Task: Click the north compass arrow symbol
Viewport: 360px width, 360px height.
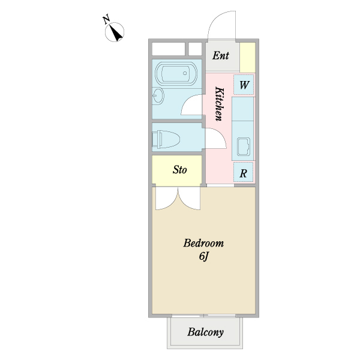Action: (x=115, y=32)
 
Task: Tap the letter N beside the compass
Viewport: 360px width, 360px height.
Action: (x=106, y=20)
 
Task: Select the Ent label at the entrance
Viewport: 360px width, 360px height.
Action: (x=221, y=56)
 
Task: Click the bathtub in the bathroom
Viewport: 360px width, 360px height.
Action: (x=176, y=74)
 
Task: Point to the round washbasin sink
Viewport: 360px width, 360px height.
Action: (x=157, y=96)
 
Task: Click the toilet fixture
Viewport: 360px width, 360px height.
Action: (x=166, y=139)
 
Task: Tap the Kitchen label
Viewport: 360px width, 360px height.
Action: (x=219, y=104)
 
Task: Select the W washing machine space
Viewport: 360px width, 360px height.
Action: (x=244, y=85)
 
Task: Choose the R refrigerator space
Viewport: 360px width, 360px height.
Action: (x=244, y=172)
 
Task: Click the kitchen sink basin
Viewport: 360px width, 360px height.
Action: (x=244, y=146)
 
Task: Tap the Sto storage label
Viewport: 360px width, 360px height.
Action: (x=179, y=170)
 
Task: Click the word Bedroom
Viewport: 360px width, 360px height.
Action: (x=203, y=243)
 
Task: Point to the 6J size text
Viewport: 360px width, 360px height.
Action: (x=204, y=256)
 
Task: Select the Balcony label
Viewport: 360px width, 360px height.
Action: (x=205, y=332)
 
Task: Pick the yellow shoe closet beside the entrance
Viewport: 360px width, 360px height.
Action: (x=247, y=58)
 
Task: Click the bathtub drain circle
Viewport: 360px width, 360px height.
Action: (x=185, y=73)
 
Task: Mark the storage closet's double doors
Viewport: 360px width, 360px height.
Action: (x=178, y=198)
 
